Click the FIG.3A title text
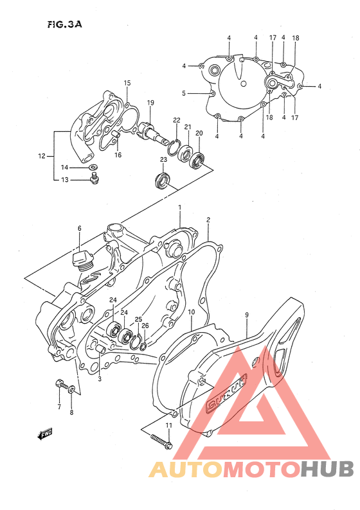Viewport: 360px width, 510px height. [x=64, y=24]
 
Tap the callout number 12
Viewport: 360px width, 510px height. [x=42, y=155]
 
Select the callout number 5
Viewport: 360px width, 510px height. [x=183, y=93]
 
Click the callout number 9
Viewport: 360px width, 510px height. [x=246, y=315]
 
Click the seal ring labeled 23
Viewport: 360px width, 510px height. [x=163, y=180]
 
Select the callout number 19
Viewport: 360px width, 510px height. [x=150, y=103]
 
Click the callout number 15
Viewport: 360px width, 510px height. [x=127, y=83]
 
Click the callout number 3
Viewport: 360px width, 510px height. [x=100, y=379]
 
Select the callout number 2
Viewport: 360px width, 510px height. [x=208, y=220]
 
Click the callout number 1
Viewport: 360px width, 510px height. [x=180, y=207]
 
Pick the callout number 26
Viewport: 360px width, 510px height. [x=145, y=326]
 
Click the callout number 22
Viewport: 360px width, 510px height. [x=176, y=120]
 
